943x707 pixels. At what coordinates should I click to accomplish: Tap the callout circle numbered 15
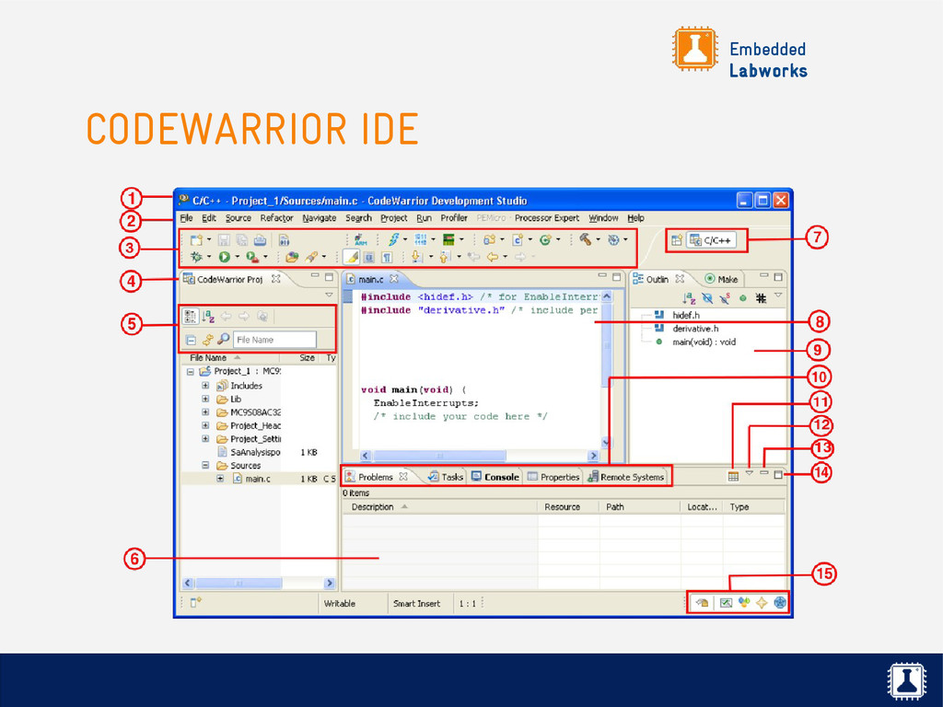pyautogui.click(x=825, y=574)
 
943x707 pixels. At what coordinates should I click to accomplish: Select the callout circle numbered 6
pyautogui.click(x=134, y=559)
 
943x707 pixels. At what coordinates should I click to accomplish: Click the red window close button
pyautogui.click(x=780, y=200)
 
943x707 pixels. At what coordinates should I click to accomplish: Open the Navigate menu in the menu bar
pyautogui.click(x=320, y=218)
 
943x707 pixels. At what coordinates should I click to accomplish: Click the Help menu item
pyautogui.click(x=635, y=218)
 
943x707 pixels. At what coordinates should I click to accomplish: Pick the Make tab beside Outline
pyautogui.click(x=728, y=279)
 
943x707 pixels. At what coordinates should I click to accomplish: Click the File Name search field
pyautogui.click(x=274, y=340)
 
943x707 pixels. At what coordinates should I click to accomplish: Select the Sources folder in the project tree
pyautogui.click(x=245, y=466)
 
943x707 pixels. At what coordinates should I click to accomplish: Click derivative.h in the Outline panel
pyautogui.click(x=695, y=328)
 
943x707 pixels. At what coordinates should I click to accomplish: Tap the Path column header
pyautogui.click(x=615, y=507)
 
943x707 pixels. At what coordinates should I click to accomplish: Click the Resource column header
pyautogui.click(x=562, y=507)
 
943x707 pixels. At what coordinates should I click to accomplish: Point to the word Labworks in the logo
pyautogui.click(x=768, y=71)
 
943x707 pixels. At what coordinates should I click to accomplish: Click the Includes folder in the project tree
pyautogui.click(x=246, y=386)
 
